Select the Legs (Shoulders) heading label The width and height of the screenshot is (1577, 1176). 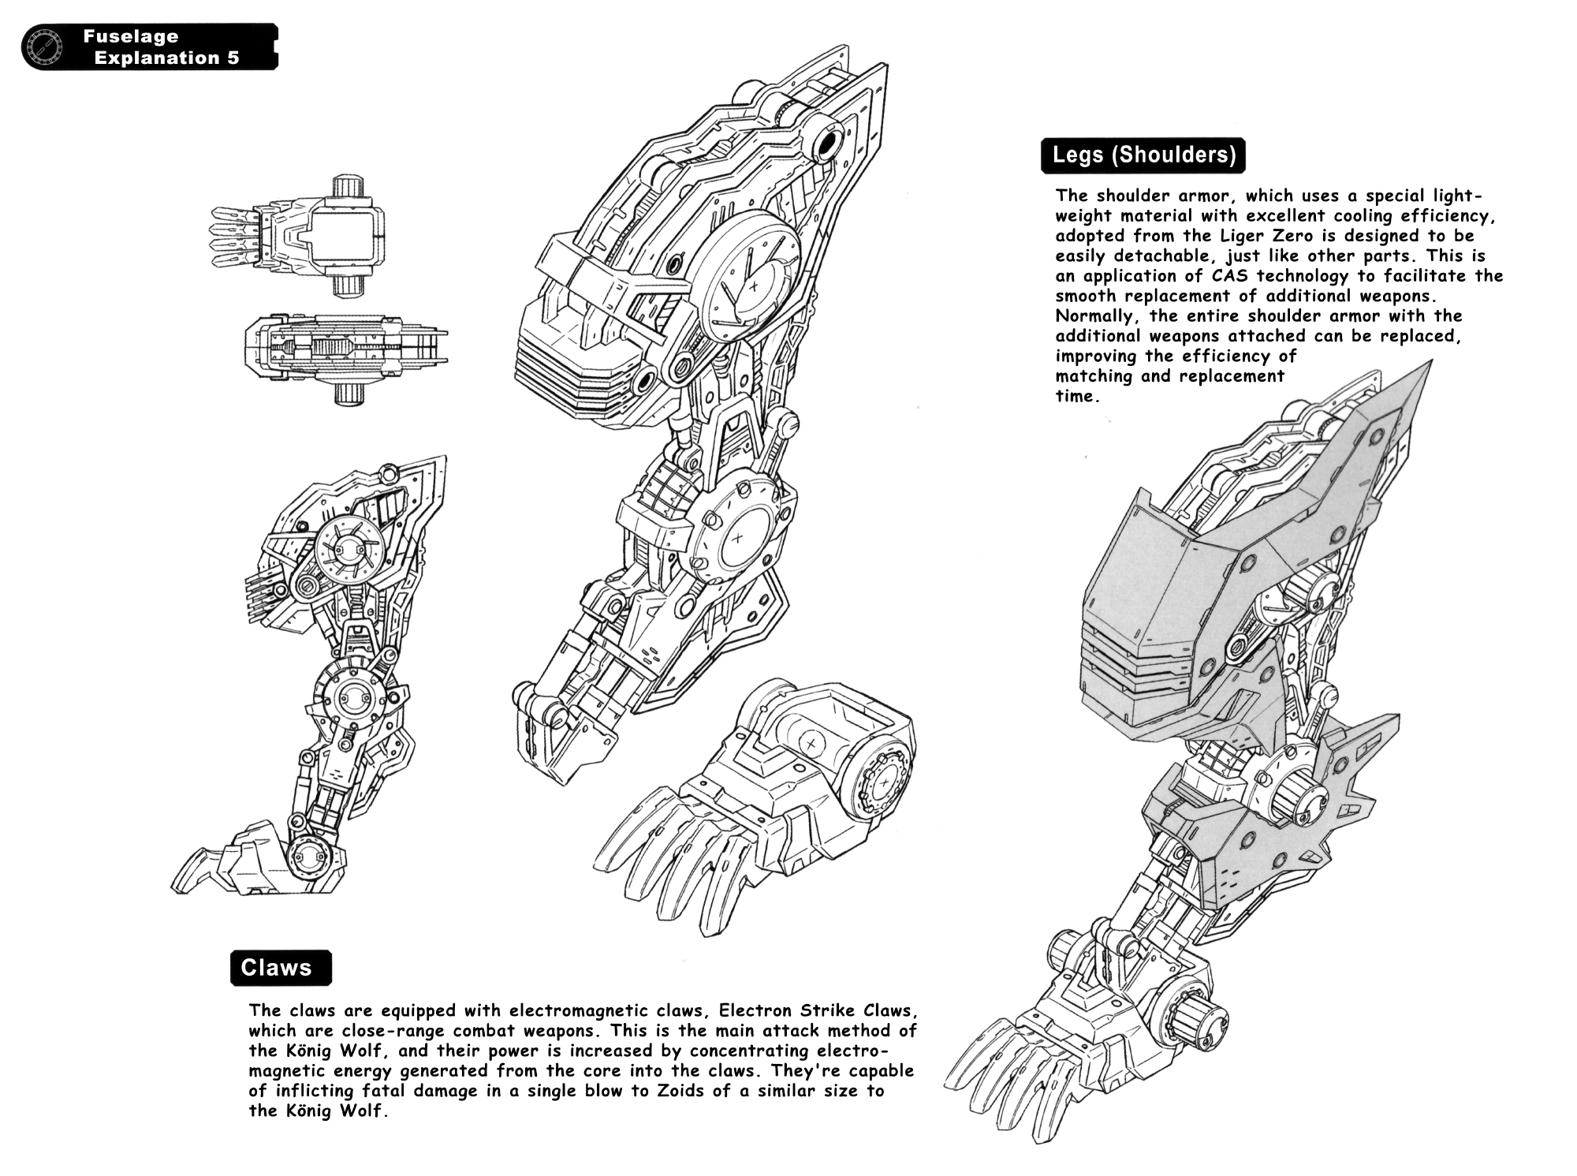pos(1143,155)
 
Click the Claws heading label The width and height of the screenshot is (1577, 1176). pos(277,969)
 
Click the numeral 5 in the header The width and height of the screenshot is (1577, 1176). pos(233,58)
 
